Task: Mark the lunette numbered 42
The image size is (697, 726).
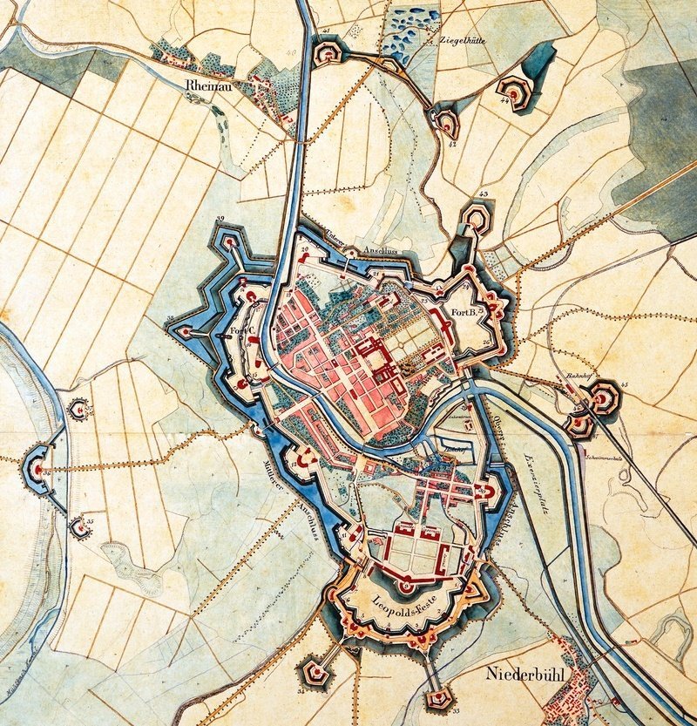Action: pyautogui.click(x=446, y=122)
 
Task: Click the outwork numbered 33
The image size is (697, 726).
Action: pyautogui.click(x=438, y=696)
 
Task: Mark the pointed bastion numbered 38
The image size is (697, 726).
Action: pyautogui.click(x=186, y=331)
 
